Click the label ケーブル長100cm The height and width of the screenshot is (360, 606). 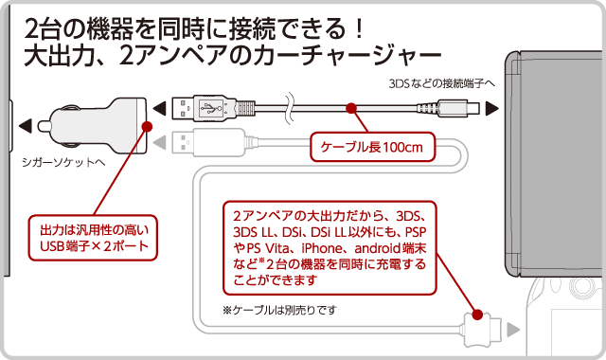[x=372, y=148]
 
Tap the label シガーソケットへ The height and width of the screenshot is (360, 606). [x=63, y=162]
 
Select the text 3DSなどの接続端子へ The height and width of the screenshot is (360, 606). [x=441, y=83]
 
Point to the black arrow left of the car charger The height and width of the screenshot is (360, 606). [x=26, y=126]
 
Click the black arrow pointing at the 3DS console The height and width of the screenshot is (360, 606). [x=492, y=108]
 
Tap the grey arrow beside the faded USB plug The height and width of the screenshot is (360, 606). [x=160, y=142]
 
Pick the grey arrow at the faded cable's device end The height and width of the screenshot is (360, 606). [x=513, y=330]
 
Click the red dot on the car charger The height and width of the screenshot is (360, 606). [x=148, y=126]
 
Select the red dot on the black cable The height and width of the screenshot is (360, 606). [x=351, y=108]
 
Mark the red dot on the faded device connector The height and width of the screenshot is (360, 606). [x=477, y=315]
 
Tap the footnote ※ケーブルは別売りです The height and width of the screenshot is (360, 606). [x=279, y=310]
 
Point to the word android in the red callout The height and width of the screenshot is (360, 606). [x=377, y=248]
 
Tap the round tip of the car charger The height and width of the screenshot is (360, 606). [x=43, y=126]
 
